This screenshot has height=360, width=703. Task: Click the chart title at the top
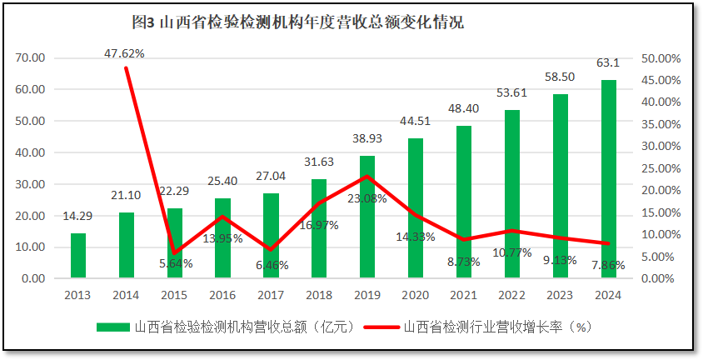[297, 22]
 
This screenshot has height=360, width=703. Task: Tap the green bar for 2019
[367, 217]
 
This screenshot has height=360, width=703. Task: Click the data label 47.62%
[124, 53]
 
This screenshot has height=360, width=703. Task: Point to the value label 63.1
[608, 62]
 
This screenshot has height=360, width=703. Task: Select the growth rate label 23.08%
[368, 198]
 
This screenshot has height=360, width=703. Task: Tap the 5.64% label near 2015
[174, 262]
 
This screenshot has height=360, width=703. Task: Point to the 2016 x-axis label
[222, 295]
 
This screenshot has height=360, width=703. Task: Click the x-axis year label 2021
[464, 295]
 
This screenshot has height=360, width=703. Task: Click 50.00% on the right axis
[661, 58]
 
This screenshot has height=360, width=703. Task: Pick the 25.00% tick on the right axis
[661, 168]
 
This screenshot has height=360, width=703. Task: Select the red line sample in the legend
[380, 327]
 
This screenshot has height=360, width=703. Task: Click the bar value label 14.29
[77, 217]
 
